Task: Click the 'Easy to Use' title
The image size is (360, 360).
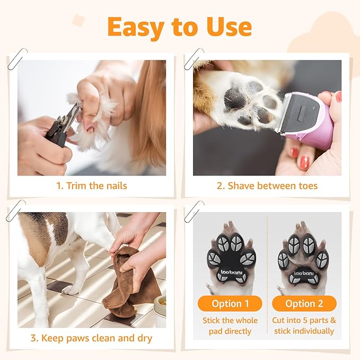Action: [179, 27]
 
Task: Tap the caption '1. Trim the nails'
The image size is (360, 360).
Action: [92, 186]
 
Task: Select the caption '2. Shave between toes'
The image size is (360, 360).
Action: [267, 186]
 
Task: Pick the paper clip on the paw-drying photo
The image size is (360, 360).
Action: [15, 210]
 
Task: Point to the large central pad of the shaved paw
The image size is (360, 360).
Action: [235, 99]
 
